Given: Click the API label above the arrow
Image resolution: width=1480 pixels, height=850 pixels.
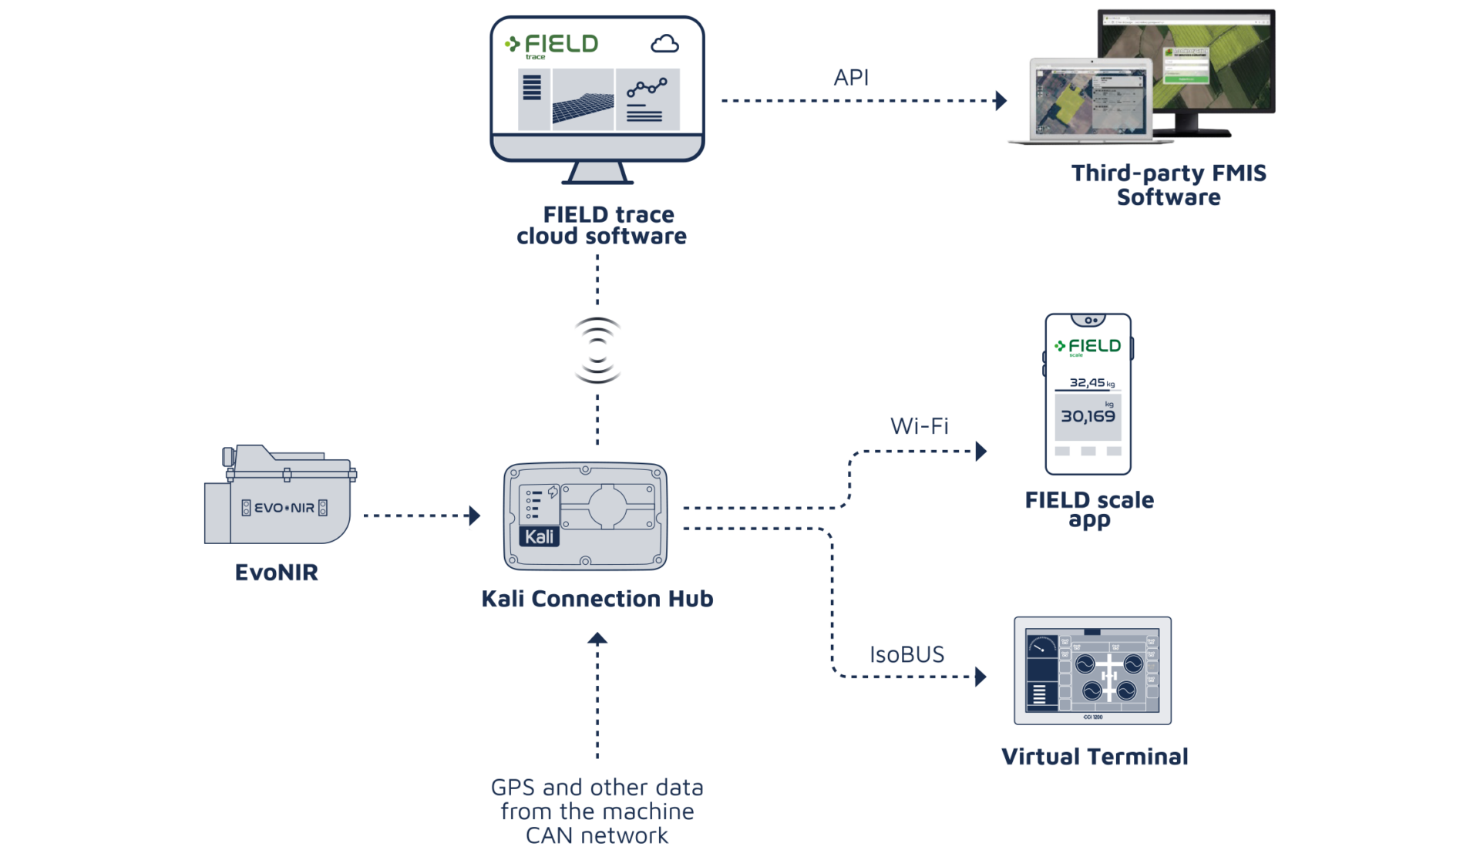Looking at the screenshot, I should coord(851,77).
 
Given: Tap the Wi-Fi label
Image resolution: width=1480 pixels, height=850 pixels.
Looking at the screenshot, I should coord(919,426).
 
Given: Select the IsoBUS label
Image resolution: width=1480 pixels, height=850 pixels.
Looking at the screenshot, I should coord(906,655).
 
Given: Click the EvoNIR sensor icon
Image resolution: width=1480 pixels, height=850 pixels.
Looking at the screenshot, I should coord(277,497).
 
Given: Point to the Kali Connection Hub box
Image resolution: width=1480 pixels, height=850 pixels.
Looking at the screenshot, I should coord(585,516).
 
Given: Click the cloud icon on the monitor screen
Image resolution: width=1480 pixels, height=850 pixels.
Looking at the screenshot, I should coord(664,44).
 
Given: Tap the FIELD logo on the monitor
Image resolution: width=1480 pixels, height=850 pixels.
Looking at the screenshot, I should coord(552,45).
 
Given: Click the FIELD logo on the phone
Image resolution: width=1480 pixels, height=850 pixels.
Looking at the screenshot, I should coord(1088,347).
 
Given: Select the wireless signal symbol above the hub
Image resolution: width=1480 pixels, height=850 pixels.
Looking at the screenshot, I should coord(597,350).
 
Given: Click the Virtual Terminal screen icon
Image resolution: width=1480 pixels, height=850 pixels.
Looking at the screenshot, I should coord(1092,670).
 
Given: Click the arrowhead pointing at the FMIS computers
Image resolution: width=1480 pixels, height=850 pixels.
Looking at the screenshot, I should coord(1001,101).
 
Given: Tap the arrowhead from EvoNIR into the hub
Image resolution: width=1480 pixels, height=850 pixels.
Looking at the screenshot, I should coord(474,516).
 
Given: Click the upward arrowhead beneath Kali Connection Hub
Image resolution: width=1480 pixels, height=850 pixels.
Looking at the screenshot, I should coord(597,638).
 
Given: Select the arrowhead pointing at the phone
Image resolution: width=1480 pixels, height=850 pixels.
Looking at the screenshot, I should coord(981,451).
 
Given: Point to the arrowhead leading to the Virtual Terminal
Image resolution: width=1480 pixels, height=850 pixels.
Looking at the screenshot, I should coord(981,677).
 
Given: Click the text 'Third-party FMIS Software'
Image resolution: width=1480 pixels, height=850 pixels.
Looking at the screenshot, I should coord(1169,185).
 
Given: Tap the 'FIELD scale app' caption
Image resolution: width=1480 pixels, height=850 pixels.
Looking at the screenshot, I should coord(1089,509).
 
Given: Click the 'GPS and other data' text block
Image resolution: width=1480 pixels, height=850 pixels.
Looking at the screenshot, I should coord(597,811).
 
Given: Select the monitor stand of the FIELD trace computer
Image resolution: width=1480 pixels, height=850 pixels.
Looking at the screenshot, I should coord(597,174).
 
